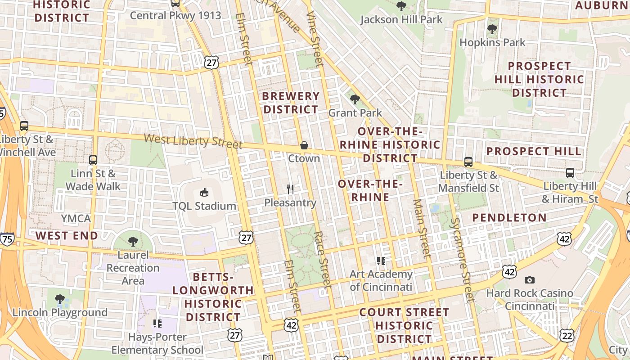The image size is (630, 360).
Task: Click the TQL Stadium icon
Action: (204, 192)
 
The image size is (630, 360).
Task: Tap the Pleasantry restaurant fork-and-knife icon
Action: (290, 189)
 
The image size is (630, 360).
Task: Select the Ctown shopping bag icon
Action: (304, 145)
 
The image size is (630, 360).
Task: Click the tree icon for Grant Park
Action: (355, 99)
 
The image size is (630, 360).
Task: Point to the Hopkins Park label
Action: (492, 42)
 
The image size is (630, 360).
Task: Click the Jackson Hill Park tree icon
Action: (401, 6)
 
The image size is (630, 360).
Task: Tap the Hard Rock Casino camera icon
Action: (530, 280)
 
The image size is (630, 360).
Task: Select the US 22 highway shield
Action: (567, 335)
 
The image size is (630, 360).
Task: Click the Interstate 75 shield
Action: (7, 239)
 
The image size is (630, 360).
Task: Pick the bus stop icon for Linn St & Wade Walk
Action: (93, 160)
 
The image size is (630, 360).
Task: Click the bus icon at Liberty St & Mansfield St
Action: (468, 162)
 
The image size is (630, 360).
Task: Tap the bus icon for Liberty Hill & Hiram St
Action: (570, 172)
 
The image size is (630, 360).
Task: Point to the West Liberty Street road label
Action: (193, 141)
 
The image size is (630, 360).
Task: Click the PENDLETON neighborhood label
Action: (509, 217)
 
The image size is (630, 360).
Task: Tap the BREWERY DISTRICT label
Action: (291, 103)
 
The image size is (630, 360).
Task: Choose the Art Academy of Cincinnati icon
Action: (381, 261)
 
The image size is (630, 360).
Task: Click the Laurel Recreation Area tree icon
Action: (133, 242)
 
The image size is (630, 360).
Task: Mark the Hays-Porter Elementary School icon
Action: (157, 323)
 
